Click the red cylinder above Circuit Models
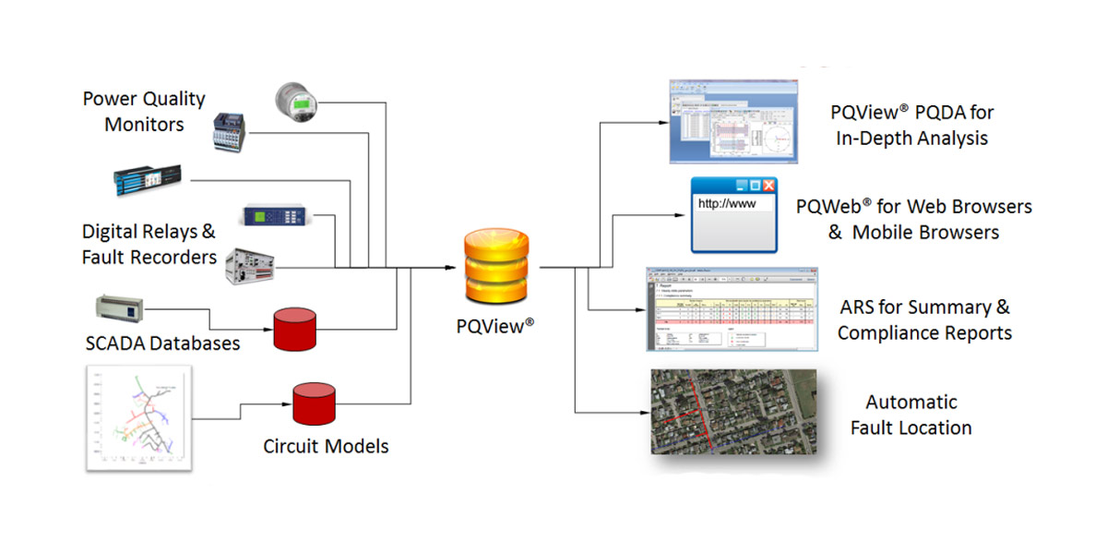(x=313, y=403)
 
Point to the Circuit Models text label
(x=326, y=447)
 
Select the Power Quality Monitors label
(x=144, y=112)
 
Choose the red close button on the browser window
(x=768, y=186)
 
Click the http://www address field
(x=732, y=204)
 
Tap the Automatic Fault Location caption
(x=911, y=415)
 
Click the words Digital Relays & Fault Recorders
(x=149, y=245)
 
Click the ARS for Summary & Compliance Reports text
(x=923, y=319)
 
